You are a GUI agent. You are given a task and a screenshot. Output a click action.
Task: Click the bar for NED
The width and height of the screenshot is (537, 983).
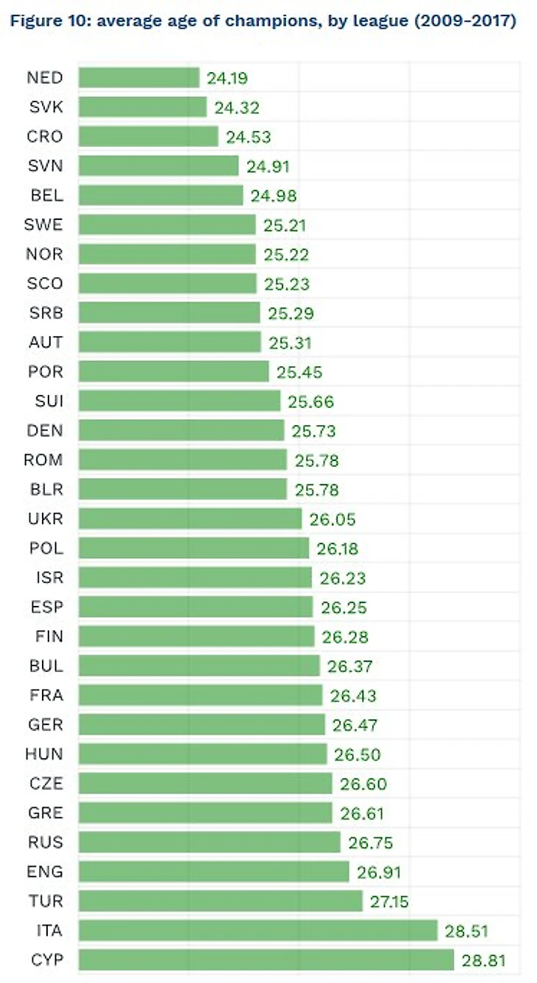(x=139, y=78)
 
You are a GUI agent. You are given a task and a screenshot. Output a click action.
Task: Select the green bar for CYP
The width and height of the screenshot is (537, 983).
(x=266, y=960)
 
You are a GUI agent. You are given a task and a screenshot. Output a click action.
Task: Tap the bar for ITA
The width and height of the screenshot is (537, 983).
(x=258, y=931)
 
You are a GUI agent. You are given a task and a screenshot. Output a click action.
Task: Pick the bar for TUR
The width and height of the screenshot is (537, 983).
(x=221, y=901)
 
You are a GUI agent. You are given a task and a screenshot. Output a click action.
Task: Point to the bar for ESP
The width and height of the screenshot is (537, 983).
(x=196, y=607)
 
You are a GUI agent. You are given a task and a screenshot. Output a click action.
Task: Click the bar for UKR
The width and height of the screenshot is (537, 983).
(x=190, y=519)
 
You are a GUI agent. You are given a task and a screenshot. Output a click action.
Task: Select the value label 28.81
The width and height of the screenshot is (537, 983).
(x=484, y=960)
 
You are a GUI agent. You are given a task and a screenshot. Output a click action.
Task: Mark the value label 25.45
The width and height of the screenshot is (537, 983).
(x=299, y=372)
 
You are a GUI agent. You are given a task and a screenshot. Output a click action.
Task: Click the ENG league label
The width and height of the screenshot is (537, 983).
(x=45, y=872)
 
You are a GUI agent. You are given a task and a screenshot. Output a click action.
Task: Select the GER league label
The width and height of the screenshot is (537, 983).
(x=45, y=725)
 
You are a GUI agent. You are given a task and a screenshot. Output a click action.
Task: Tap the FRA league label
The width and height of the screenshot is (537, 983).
(x=45, y=696)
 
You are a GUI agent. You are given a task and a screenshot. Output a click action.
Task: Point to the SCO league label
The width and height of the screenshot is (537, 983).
(x=45, y=284)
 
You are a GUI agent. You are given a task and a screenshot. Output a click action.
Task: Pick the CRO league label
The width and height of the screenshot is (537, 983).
(x=45, y=137)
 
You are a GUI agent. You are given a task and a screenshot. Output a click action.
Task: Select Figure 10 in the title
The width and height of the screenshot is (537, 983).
(x=46, y=21)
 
